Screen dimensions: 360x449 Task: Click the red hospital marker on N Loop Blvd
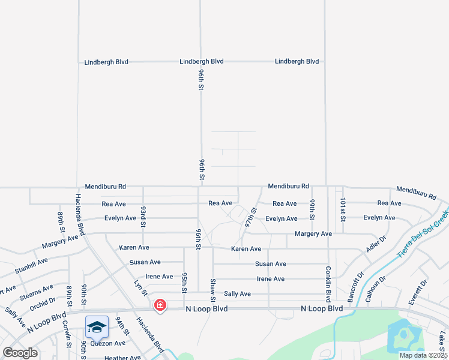point(160,305)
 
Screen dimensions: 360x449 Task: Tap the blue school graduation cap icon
point(97,327)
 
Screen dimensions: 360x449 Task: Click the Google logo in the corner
point(20,353)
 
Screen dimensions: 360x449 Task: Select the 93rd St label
point(143,216)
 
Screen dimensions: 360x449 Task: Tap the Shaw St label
point(212,290)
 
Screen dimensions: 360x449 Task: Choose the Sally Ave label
point(237,294)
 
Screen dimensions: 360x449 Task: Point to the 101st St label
point(342,209)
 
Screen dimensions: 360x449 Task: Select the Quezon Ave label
point(108,343)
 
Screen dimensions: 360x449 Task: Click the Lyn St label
point(140,287)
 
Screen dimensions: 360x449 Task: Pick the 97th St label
point(250,217)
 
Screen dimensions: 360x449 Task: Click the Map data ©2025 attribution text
point(423,355)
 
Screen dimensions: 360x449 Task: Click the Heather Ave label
point(122,358)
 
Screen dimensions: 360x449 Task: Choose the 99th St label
point(313,209)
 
